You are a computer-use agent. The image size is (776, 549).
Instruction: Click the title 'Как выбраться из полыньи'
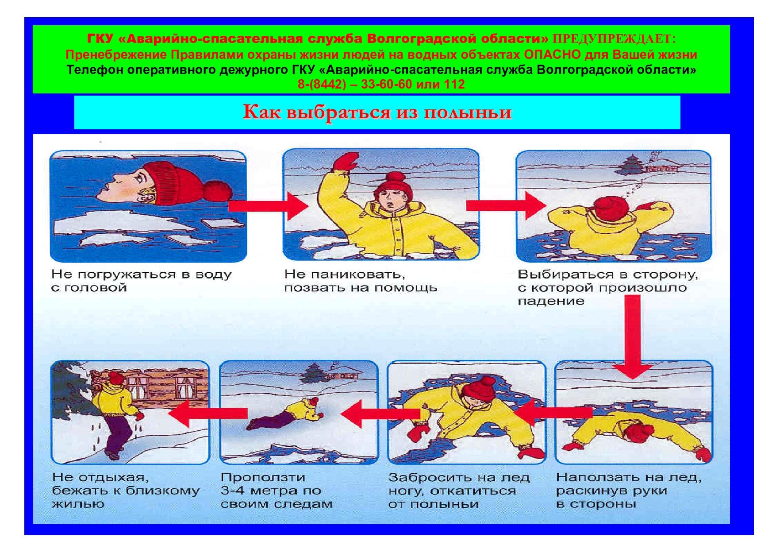click(377, 112)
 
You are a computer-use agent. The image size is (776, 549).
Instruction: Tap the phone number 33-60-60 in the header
click(386, 84)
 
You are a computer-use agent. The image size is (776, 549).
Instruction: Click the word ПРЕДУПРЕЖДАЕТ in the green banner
click(612, 39)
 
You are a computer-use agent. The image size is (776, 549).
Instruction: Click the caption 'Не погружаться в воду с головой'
click(142, 281)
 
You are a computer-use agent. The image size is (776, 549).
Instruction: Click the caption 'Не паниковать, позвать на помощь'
click(361, 281)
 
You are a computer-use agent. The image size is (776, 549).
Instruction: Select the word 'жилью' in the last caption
click(78, 504)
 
